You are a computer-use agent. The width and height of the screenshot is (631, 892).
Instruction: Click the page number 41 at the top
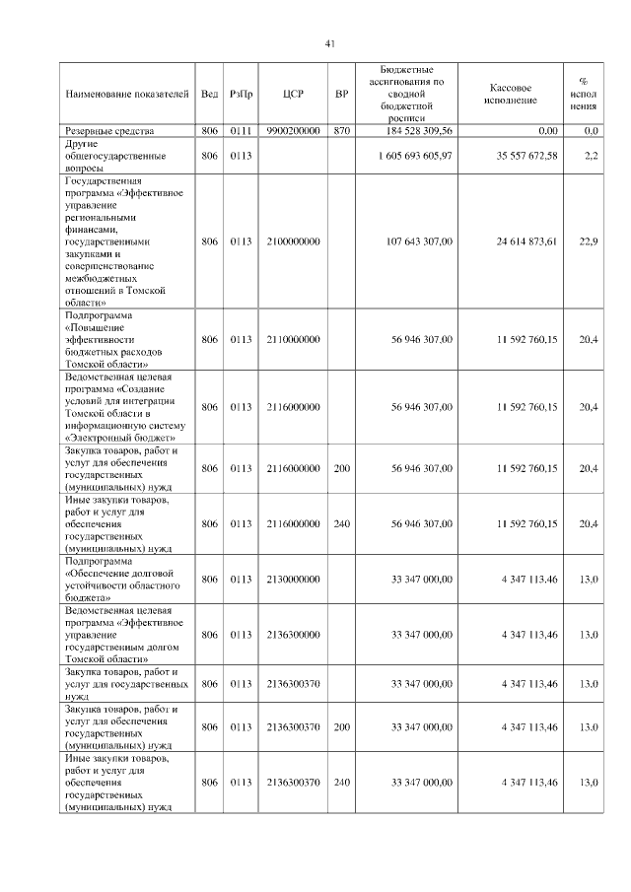330,42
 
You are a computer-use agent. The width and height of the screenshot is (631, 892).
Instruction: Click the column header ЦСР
293,95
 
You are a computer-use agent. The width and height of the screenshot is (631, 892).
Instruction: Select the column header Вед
209,95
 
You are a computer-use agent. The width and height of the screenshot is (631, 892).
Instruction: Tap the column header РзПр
241,95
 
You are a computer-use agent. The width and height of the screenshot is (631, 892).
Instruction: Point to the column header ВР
342,95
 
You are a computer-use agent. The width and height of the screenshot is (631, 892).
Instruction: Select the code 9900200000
293,130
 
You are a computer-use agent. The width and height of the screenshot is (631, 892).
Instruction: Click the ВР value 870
342,130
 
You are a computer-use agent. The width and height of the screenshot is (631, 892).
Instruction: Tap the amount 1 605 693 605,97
415,156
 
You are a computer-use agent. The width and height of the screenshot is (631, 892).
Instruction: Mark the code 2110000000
293,339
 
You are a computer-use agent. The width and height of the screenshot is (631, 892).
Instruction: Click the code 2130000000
293,579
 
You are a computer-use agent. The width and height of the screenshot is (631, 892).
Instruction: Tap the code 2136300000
293,635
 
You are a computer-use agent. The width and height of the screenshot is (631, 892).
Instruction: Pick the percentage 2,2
592,156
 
